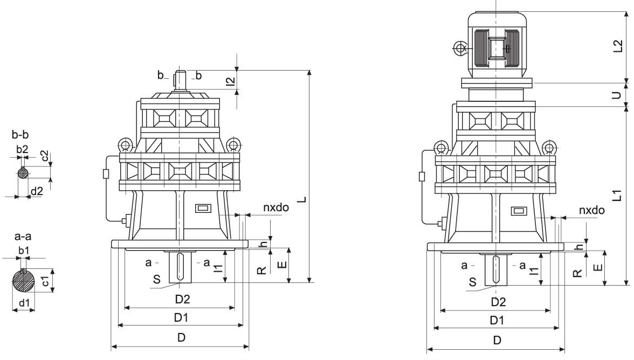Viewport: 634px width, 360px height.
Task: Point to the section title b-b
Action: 20,135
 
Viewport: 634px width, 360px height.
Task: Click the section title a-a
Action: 22,237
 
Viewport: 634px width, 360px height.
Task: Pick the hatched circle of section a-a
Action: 24,281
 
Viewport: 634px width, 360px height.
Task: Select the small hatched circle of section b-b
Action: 23,173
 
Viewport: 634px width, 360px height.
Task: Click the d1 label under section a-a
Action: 24,303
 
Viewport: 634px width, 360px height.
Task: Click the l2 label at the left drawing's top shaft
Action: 230,81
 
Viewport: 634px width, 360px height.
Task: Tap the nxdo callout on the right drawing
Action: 591,210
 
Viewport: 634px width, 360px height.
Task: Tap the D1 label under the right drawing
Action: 497,320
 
